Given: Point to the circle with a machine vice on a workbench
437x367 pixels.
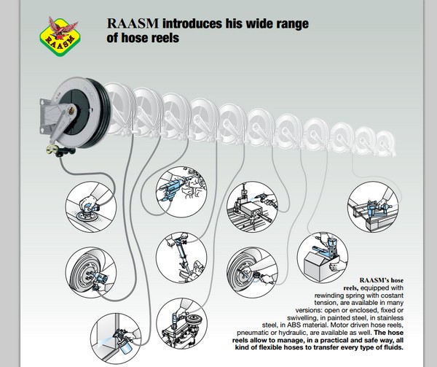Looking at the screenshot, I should click(x=251, y=209).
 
